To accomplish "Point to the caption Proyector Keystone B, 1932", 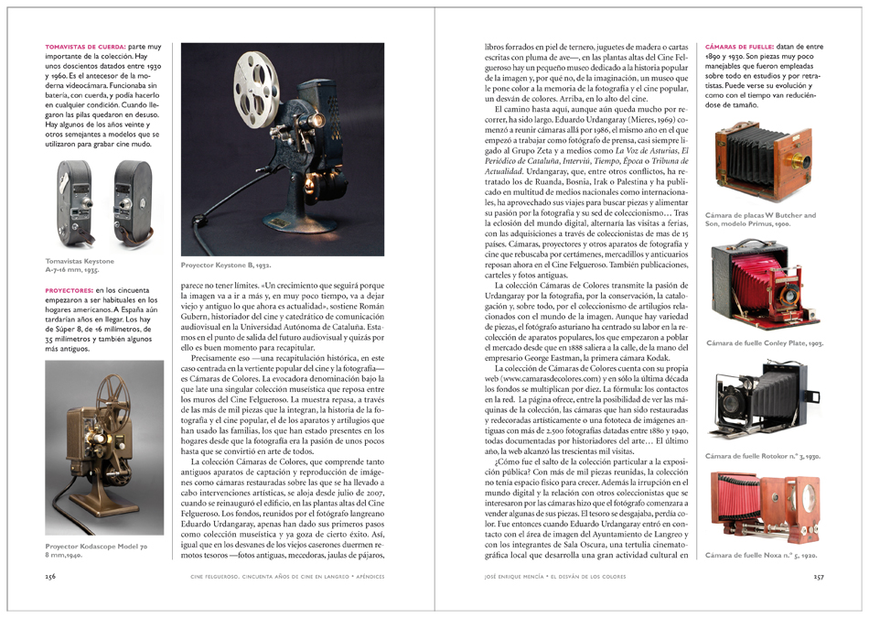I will click(x=225, y=265).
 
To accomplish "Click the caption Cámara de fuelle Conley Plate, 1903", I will click(x=765, y=343).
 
